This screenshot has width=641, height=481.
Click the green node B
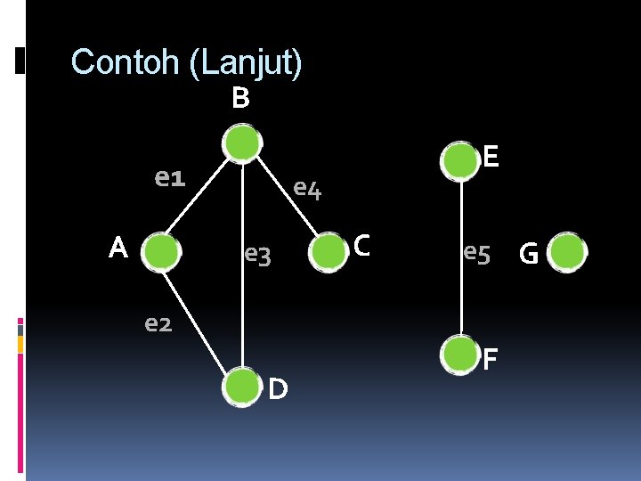click(x=241, y=144)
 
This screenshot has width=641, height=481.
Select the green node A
click(x=162, y=252)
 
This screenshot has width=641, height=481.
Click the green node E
click(x=461, y=160)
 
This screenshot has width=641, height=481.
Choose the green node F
click(x=461, y=355)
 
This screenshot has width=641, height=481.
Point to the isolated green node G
click(x=567, y=253)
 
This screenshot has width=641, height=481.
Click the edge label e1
click(x=169, y=179)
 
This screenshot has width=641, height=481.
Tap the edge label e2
click(x=158, y=322)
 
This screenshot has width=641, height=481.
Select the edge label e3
click(x=257, y=257)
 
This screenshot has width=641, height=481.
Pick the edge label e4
click(x=307, y=189)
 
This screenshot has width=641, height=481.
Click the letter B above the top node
click(x=239, y=98)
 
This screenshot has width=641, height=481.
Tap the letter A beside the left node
click(x=118, y=249)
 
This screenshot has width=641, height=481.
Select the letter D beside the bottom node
click(x=278, y=388)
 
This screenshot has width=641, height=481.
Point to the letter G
click(x=528, y=256)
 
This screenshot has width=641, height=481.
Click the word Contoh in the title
click(x=126, y=62)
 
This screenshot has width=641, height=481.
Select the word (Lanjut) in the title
click(x=246, y=63)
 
